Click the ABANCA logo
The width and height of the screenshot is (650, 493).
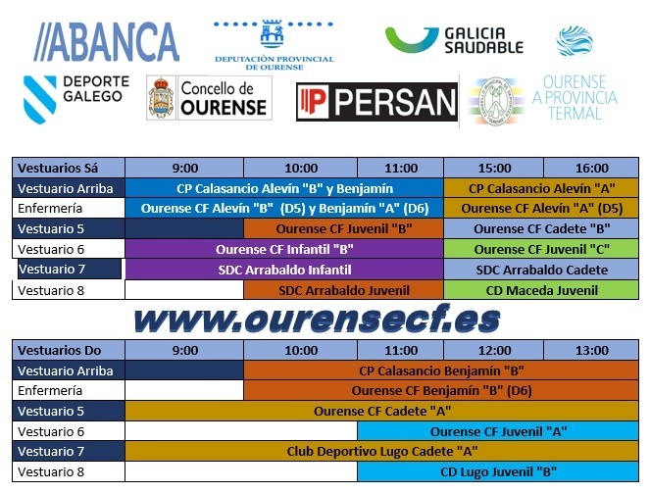click(x=106, y=42)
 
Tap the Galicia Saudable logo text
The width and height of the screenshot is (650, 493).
click(x=483, y=40)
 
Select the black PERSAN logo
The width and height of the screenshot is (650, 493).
click(x=376, y=102)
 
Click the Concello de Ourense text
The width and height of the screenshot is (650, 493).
click(x=225, y=98)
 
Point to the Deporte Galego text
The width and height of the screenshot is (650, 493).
click(x=96, y=88)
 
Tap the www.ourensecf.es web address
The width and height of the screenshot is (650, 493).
click(x=317, y=320)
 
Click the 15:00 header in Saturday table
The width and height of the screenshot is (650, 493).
click(x=494, y=168)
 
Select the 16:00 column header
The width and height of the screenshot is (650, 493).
click(x=591, y=168)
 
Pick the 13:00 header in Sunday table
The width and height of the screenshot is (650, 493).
click(x=591, y=350)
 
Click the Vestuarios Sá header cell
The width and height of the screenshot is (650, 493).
click(x=69, y=168)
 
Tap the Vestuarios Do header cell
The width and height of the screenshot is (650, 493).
click(x=69, y=350)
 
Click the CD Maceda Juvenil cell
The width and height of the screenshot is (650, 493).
click(x=541, y=290)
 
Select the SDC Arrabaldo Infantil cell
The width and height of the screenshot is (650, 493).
click(x=284, y=270)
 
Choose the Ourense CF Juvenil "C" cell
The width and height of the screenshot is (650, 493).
click(x=541, y=249)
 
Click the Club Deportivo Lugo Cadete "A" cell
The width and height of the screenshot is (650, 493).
click(x=381, y=451)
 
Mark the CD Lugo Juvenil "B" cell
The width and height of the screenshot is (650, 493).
click(x=498, y=471)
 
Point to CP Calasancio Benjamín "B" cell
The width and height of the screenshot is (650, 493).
click(x=441, y=370)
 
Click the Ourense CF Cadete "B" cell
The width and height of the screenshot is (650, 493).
click(x=541, y=228)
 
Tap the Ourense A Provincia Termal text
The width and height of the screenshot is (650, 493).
click(x=575, y=97)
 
